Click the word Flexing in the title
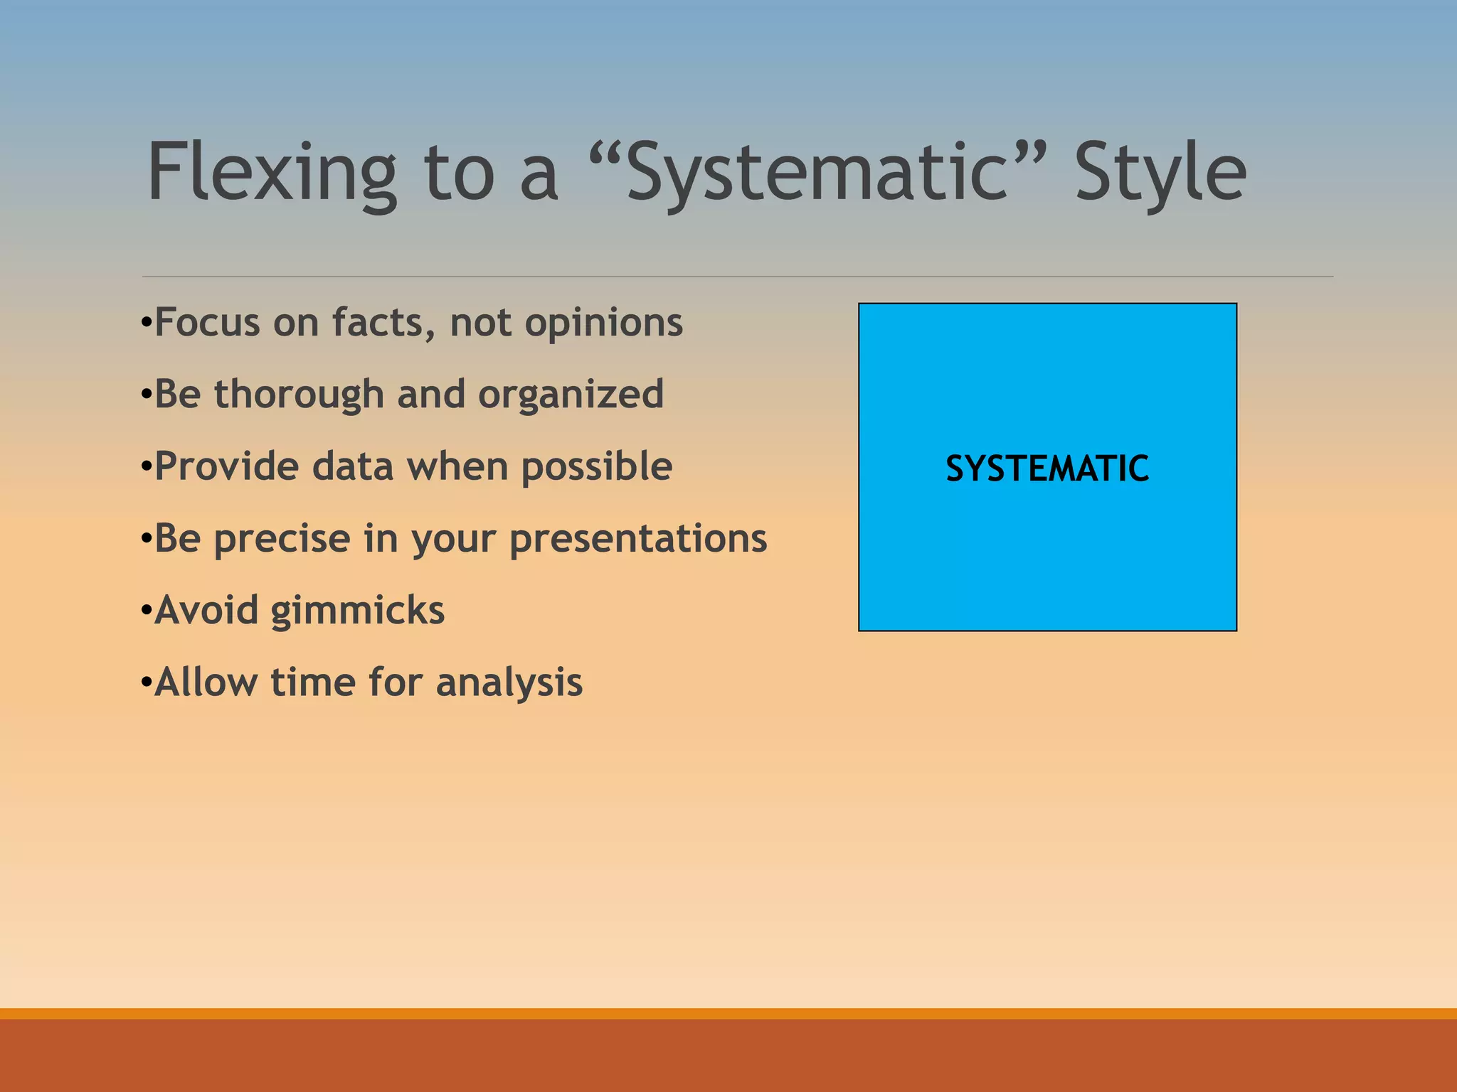pos(271,173)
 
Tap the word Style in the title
pos(1160,173)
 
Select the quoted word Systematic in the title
pos(818,173)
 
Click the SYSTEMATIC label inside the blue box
pos(1047,469)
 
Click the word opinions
pos(603,323)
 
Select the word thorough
pos(299,395)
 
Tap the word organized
pos(571,395)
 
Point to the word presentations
pos(638,539)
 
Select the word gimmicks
pos(358,611)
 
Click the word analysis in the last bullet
pos(509,682)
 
